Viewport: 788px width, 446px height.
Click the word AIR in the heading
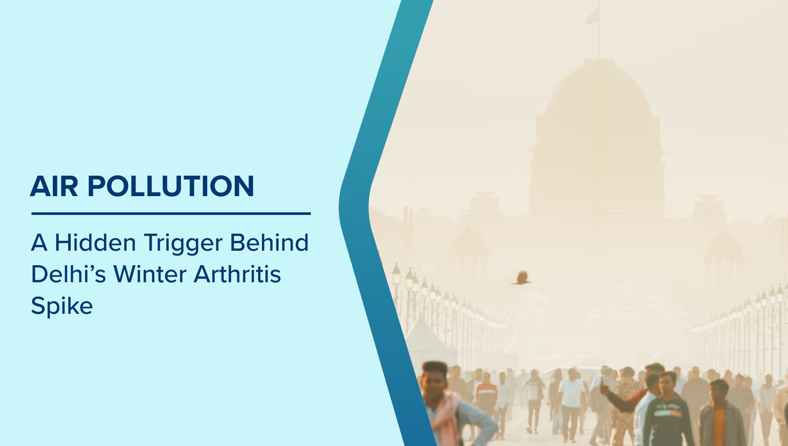[x=54, y=186]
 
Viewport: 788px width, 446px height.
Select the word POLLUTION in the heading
[x=171, y=186]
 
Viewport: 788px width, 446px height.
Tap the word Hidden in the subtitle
[x=95, y=243]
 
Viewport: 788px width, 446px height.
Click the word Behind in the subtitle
[x=269, y=242]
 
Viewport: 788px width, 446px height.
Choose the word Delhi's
[x=68, y=274]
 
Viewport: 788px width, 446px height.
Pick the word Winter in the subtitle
[x=150, y=274]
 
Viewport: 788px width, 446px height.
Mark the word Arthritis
[x=237, y=274]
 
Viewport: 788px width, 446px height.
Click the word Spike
[x=62, y=306]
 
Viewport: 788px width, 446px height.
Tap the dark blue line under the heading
[x=171, y=214]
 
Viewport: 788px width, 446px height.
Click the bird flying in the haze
[x=521, y=278]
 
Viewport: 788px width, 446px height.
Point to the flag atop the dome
[x=592, y=14]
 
